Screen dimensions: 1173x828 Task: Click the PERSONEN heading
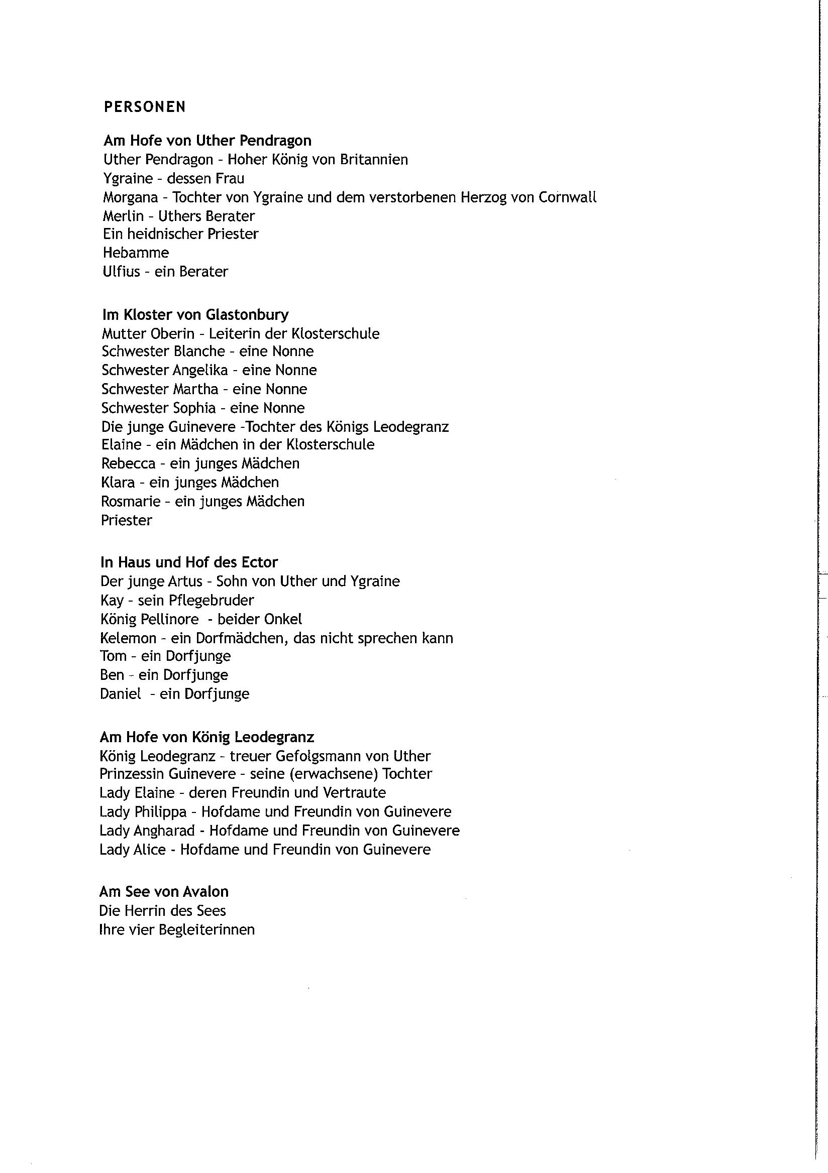(145, 107)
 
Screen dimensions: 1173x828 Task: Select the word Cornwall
(567, 197)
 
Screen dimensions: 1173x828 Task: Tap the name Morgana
(130, 197)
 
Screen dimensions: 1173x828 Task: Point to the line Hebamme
(136, 253)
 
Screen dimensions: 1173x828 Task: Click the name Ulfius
(121, 271)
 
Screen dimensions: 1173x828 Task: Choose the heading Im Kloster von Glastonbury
(195, 314)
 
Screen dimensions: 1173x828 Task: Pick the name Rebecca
(128, 463)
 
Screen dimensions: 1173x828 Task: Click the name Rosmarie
(131, 501)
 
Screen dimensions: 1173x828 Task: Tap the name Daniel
(121, 694)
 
